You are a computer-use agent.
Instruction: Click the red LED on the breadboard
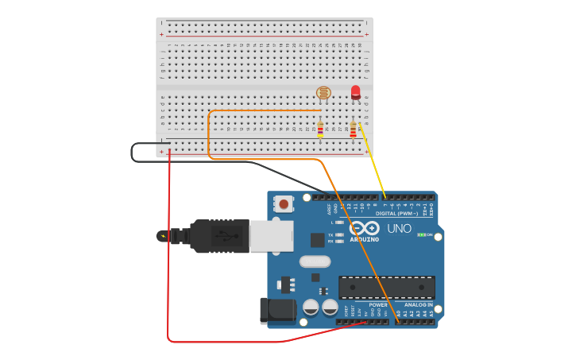355,92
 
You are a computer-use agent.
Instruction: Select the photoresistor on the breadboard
323,93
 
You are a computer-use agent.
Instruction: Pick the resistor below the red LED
353,129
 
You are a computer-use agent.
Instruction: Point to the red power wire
169,254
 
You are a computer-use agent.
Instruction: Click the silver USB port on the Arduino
271,236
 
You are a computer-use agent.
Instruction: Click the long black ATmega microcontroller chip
386,287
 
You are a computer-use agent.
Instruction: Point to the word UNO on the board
399,229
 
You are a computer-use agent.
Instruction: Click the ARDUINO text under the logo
365,239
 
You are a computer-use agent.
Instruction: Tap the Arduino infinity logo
365,228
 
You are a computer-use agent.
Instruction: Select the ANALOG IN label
419,304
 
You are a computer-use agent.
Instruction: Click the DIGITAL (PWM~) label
396,213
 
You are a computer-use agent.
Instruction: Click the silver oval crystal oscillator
315,261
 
